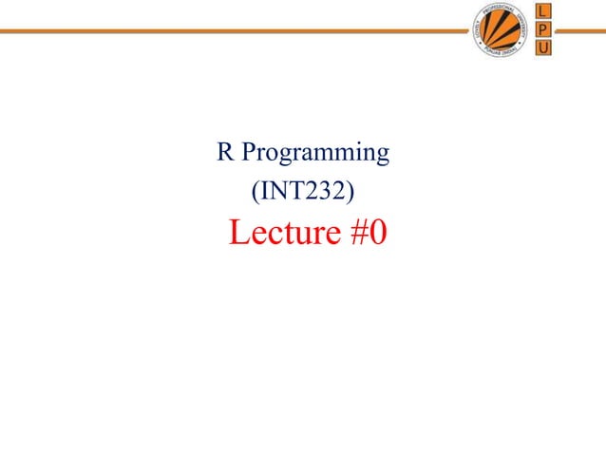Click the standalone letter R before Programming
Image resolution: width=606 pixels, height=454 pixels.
pyautogui.click(x=225, y=152)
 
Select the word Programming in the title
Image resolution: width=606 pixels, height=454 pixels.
pyautogui.click(x=314, y=154)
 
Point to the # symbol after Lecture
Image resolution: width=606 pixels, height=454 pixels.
pyautogui.click(x=353, y=234)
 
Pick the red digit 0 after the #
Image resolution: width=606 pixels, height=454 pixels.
pyautogui.click(x=376, y=234)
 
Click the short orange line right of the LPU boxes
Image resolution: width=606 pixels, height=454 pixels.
pyautogui.click(x=579, y=29)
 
